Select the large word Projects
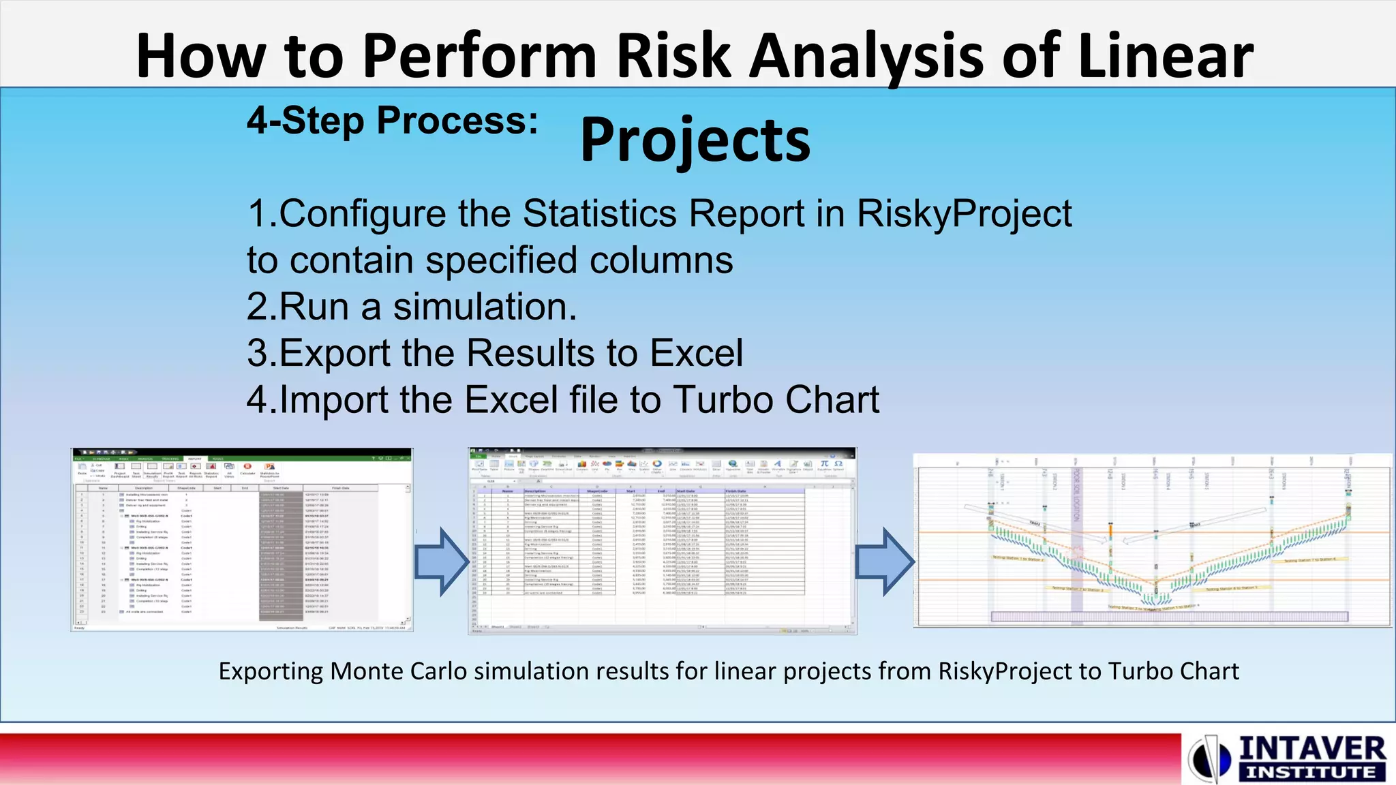[695, 140]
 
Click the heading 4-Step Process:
[393, 121]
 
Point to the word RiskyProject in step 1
[964, 214]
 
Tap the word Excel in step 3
[696, 353]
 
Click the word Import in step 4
[334, 399]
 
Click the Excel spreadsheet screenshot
[662, 541]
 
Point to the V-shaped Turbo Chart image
[1152, 540]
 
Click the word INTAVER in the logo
[1311, 749]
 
